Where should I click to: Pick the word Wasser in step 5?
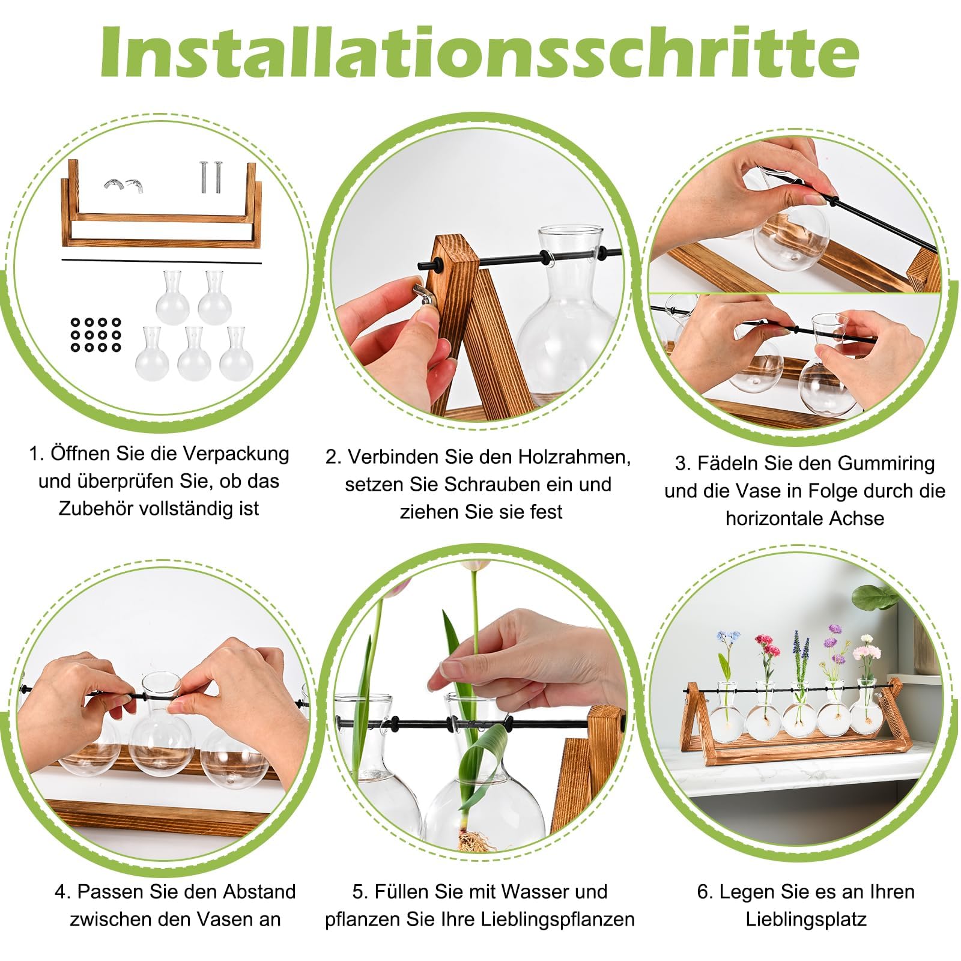[535, 892]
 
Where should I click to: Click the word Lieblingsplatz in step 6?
[806, 920]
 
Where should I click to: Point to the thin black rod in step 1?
[162, 261]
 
